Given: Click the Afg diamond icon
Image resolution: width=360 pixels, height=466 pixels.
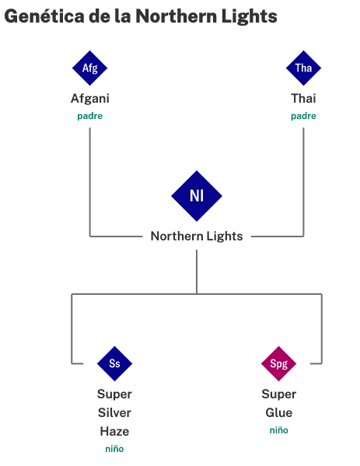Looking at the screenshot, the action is (x=89, y=68).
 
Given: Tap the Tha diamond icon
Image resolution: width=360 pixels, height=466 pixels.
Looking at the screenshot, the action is (x=303, y=68).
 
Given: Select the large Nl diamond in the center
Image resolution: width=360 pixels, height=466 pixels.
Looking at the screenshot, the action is (x=197, y=196).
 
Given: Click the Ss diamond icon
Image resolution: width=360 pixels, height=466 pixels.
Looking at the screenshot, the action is (x=114, y=363).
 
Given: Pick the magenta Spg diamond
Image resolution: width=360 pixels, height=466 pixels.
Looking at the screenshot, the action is (x=278, y=363).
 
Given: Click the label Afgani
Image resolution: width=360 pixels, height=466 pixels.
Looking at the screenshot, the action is (x=90, y=99).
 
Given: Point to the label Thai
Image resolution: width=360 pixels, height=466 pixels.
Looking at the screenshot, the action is (x=303, y=98).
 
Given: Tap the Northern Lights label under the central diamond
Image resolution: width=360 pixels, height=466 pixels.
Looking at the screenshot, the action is (x=197, y=237).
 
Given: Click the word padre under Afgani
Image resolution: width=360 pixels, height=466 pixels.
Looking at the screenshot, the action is (x=90, y=116).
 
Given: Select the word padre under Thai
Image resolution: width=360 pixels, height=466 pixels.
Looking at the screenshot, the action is (x=303, y=116).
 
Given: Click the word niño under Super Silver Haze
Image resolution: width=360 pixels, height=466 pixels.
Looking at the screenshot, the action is (x=114, y=449).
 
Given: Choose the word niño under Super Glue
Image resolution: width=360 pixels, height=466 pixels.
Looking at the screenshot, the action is (x=279, y=430).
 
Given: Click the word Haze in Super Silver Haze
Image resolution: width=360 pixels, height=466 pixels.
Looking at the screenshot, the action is (x=114, y=431).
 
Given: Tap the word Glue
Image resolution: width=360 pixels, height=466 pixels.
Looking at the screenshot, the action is (x=279, y=412).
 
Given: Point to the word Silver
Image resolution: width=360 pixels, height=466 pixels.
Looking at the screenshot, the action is (x=114, y=412).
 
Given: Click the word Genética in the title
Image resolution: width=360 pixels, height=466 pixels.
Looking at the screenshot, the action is (x=44, y=16).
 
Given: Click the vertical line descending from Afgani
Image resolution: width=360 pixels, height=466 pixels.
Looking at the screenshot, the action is (x=90, y=182).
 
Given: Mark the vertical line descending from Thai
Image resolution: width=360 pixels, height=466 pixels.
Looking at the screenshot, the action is (x=303, y=182).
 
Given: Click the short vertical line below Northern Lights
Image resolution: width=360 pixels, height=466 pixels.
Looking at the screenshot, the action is (x=197, y=272).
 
